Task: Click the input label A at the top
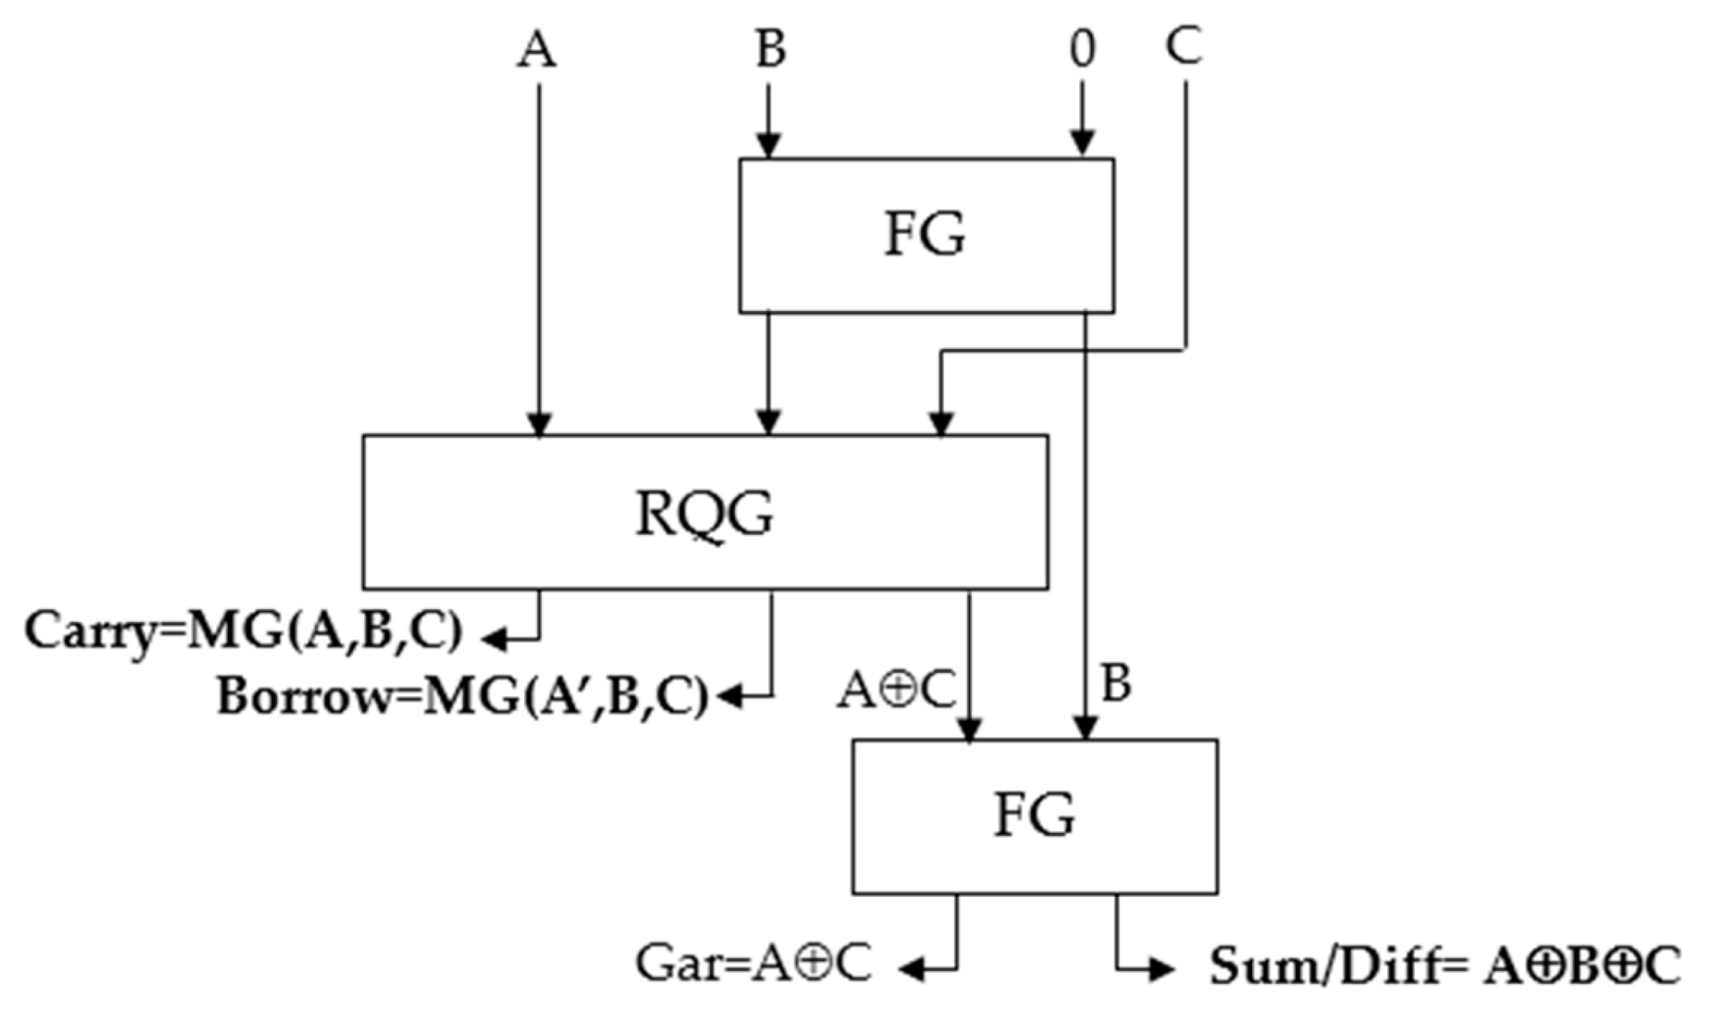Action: (x=537, y=51)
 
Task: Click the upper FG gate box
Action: (x=926, y=235)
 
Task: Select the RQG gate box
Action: (x=705, y=513)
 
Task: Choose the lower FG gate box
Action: (x=1035, y=817)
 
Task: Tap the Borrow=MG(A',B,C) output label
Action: (x=462, y=697)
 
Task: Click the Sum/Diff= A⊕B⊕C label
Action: (x=1443, y=966)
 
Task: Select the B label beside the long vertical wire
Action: (x=1116, y=684)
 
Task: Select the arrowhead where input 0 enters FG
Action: (x=1082, y=144)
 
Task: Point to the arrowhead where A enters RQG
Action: (x=539, y=424)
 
